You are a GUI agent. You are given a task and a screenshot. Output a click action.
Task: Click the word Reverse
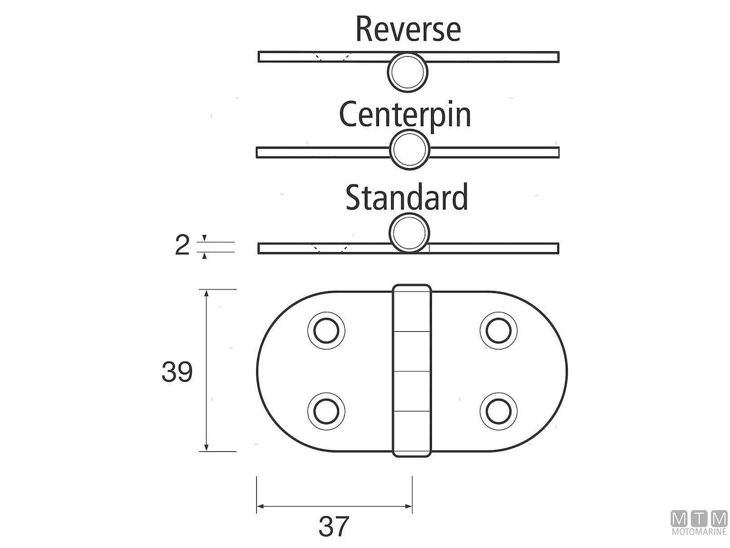point(408,29)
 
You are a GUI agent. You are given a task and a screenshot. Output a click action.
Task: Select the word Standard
point(407,197)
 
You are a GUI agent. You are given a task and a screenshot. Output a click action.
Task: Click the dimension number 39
point(177,372)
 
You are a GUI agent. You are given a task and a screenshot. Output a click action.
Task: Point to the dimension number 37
point(334,527)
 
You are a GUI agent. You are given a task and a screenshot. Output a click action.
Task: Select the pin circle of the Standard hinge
point(409,233)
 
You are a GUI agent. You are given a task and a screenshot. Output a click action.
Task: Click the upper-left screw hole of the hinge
point(326,331)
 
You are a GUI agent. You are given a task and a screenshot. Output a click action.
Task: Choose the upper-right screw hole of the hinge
point(499,331)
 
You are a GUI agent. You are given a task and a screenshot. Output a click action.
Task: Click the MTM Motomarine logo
point(699,523)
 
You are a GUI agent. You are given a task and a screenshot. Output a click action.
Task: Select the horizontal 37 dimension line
point(334,506)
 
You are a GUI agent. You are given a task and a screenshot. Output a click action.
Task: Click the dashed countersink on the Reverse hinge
point(330,57)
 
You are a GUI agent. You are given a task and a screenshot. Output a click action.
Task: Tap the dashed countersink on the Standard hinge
point(330,248)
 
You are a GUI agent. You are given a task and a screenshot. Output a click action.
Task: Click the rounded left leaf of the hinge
point(286,371)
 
